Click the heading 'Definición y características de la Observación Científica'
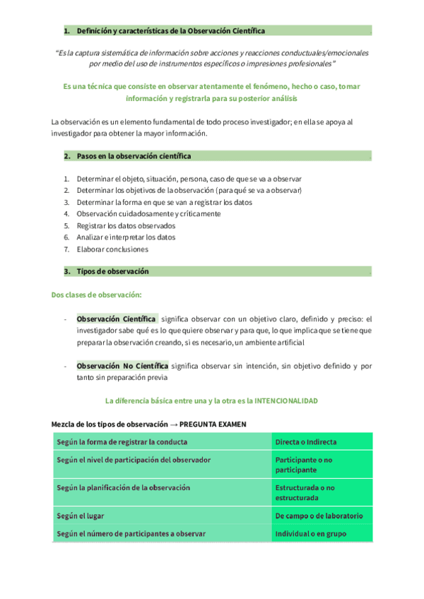(171, 32)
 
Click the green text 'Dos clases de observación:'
(96, 294)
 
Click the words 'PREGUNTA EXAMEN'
(213, 424)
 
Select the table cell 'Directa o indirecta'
(305, 442)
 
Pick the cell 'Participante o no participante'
(304, 464)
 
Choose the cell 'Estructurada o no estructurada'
(305, 492)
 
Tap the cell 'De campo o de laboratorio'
(319, 516)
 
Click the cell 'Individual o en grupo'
(310, 534)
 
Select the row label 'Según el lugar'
(81, 516)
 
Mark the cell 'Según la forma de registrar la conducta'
(122, 442)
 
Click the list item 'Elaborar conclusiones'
(112, 249)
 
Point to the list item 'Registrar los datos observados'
(126, 225)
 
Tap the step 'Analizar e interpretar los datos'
(126, 237)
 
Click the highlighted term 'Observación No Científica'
(122, 366)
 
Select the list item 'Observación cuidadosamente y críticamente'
(148, 213)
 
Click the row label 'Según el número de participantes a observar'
(131, 534)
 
